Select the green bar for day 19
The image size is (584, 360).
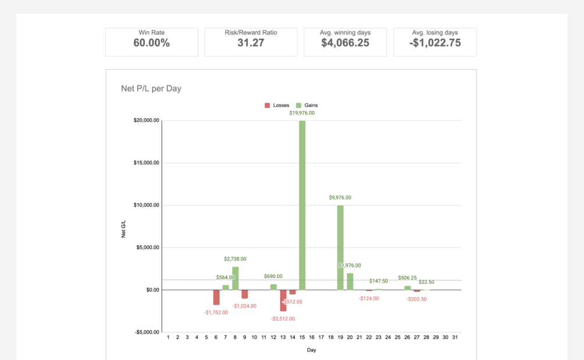point(340,247)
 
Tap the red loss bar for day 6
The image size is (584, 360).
point(216,297)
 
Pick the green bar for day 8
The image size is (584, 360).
point(235,278)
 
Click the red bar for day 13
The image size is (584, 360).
point(283,300)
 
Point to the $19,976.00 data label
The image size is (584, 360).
point(302,113)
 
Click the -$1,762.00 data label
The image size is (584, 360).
point(216,312)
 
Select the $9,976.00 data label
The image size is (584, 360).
point(340,198)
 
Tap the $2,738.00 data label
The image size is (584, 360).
point(235,259)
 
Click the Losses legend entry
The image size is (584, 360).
point(277,105)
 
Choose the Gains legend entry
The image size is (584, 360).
point(307,105)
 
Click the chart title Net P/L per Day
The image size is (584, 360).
point(151,88)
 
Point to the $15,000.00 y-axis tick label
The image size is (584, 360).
point(146,163)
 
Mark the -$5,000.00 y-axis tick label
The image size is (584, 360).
point(146,332)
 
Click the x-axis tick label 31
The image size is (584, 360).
point(455,337)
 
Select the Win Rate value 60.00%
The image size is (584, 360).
point(152,43)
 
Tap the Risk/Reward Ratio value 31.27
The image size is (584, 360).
point(251,43)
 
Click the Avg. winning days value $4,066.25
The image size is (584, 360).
point(345,43)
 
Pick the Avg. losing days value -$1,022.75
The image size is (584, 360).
point(435,43)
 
